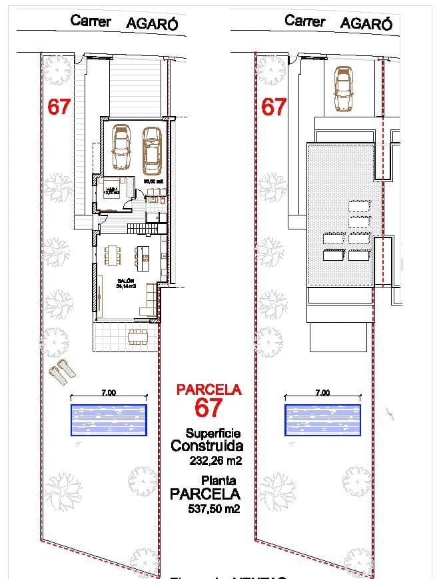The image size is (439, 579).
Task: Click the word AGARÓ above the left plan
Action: (x=153, y=23)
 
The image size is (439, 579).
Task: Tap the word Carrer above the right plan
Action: (x=305, y=21)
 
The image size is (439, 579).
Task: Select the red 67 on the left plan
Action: (x=59, y=107)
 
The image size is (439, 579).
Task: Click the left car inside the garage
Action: (x=121, y=147)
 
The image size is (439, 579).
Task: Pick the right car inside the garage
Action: (x=152, y=150)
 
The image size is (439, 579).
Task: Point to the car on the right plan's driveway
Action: (x=343, y=89)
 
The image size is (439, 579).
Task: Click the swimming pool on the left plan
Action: (x=109, y=420)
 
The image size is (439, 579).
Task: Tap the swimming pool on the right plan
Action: (x=322, y=420)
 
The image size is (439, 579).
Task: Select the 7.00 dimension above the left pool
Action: (x=109, y=393)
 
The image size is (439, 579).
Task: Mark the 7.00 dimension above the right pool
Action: (x=322, y=393)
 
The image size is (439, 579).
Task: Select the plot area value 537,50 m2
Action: (x=214, y=509)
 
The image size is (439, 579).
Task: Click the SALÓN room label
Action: (x=126, y=281)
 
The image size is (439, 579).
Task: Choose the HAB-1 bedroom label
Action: (x=112, y=189)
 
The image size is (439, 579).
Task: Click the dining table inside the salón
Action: (x=113, y=255)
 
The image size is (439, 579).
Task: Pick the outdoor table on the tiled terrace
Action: (x=138, y=336)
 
